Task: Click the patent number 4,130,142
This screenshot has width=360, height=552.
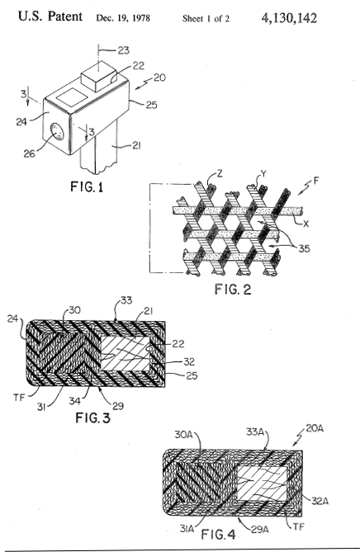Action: [x=289, y=18]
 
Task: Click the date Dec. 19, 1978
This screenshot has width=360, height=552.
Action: [x=123, y=18]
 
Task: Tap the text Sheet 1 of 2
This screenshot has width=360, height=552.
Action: [x=206, y=19]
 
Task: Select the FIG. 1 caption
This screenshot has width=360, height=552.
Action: [x=87, y=186]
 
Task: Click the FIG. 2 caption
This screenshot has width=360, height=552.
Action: [x=233, y=290]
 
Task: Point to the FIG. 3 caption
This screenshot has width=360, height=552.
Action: [x=93, y=418]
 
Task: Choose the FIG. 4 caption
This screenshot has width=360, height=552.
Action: [x=218, y=535]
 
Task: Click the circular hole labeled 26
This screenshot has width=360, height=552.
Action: [x=57, y=132]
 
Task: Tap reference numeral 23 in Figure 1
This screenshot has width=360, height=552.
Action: [x=123, y=50]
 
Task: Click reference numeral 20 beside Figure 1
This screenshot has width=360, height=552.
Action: [x=159, y=78]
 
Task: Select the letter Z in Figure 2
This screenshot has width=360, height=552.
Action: [x=220, y=173]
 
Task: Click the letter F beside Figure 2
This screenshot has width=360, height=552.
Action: [x=316, y=182]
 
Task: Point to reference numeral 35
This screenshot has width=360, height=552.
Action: [x=304, y=249]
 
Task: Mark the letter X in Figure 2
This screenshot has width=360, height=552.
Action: [x=306, y=224]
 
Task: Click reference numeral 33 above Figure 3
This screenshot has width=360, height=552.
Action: [x=126, y=300]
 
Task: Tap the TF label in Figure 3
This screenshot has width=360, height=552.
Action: [x=19, y=398]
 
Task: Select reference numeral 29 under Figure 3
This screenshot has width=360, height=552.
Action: [x=117, y=406]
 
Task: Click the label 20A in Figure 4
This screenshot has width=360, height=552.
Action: [x=315, y=428]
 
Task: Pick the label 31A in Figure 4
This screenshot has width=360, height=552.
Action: [x=187, y=528]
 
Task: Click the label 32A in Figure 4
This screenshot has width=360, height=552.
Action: [x=320, y=501]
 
